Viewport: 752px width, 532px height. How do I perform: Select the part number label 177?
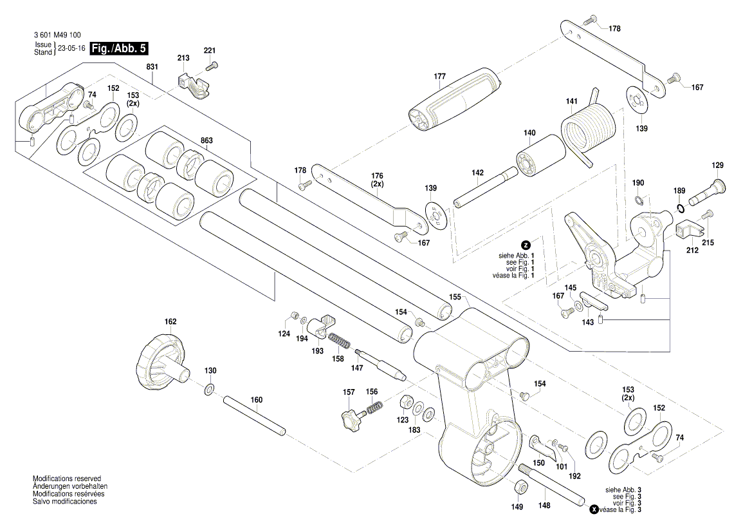point(439,77)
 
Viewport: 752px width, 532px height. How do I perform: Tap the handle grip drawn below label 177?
point(454,100)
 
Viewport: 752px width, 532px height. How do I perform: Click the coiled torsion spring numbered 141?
point(588,129)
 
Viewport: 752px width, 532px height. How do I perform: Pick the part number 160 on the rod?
point(257,400)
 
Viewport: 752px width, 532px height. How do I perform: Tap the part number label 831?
point(152,67)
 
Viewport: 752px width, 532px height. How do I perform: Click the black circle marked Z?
point(526,245)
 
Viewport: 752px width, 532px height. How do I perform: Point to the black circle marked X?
point(594,510)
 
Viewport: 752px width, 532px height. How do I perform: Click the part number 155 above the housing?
point(455,298)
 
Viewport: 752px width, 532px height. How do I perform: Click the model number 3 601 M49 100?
point(57,35)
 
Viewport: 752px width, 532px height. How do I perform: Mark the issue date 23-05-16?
point(71,48)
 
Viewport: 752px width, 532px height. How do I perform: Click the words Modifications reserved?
point(67,479)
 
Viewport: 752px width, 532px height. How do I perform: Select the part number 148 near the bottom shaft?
point(545,506)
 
